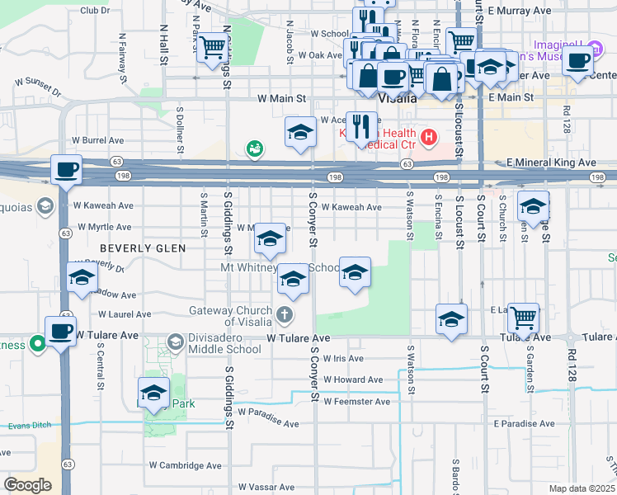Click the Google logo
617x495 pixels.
pyautogui.click(x=27, y=485)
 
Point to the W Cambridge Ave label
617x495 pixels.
pyautogui.click(x=186, y=465)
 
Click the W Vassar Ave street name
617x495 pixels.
pyautogui.click(x=265, y=488)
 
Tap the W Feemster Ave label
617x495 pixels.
pyautogui.click(x=356, y=402)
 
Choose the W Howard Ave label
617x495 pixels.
pyautogui.click(x=353, y=379)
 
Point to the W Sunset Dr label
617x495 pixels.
pyautogui.click(x=39, y=83)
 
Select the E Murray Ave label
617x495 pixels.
pyautogui.click(x=519, y=11)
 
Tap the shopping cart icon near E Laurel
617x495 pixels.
pyautogui.click(x=523, y=316)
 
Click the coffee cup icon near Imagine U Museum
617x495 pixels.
pyautogui.click(x=578, y=59)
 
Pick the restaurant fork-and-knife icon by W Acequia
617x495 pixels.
pyautogui.click(x=361, y=126)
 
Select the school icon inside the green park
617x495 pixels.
pyautogui.click(x=153, y=394)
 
